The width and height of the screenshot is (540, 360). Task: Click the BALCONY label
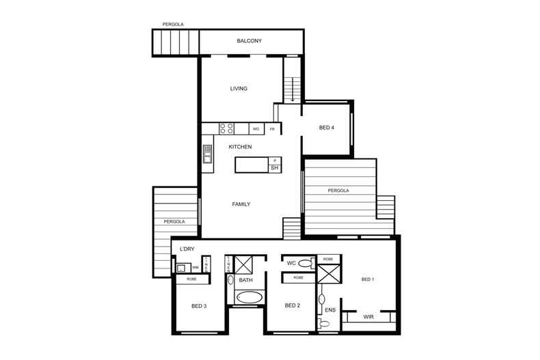(249, 41)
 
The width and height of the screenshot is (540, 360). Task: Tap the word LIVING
(239, 89)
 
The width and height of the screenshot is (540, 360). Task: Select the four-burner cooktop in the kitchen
(227, 128)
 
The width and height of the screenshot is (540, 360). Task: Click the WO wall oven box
(256, 128)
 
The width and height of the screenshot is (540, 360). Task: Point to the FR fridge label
(272, 128)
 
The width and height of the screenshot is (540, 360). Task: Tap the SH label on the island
(274, 168)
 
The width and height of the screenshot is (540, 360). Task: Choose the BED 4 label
(327, 128)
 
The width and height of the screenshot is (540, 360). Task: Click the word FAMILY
(241, 204)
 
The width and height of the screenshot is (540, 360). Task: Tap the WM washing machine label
(195, 268)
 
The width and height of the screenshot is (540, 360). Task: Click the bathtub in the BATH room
(248, 298)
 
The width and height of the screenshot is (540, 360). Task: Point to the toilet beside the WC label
(306, 263)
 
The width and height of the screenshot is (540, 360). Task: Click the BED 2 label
(293, 305)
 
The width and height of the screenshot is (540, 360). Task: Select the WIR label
(368, 317)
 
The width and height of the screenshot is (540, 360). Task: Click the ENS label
(330, 310)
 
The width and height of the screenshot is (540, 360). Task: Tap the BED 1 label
(368, 279)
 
